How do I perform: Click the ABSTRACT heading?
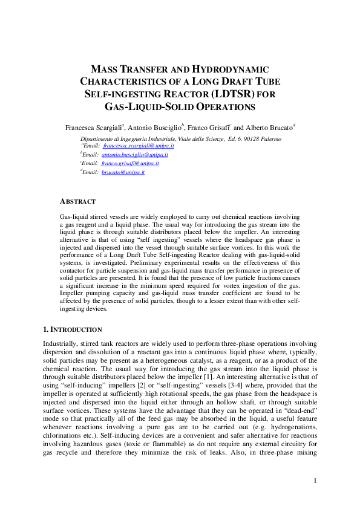(77, 201)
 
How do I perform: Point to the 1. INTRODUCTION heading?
(72, 329)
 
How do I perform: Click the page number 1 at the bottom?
(315, 481)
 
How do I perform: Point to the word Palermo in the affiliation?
(275, 138)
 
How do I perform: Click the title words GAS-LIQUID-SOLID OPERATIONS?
(180, 107)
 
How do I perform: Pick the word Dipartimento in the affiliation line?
(106, 138)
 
